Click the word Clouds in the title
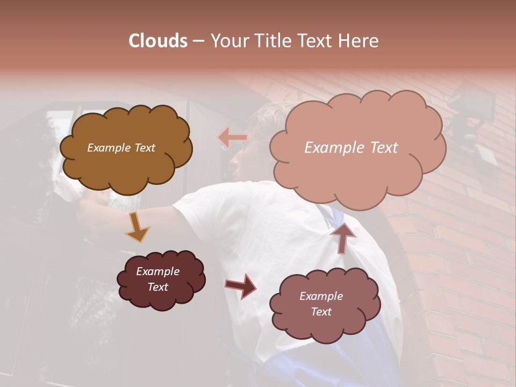pyautogui.click(x=158, y=41)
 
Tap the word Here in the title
pyautogui.click(x=360, y=41)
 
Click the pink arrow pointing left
pyautogui.click(x=233, y=138)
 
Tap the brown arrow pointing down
pyautogui.click(x=137, y=227)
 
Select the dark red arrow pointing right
pyautogui.click(x=241, y=285)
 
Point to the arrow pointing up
pyautogui.click(x=342, y=236)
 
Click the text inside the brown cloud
pyautogui.click(x=121, y=148)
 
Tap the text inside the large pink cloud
pyautogui.click(x=351, y=148)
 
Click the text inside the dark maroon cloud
pyautogui.click(x=157, y=279)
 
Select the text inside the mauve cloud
pyautogui.click(x=321, y=304)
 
